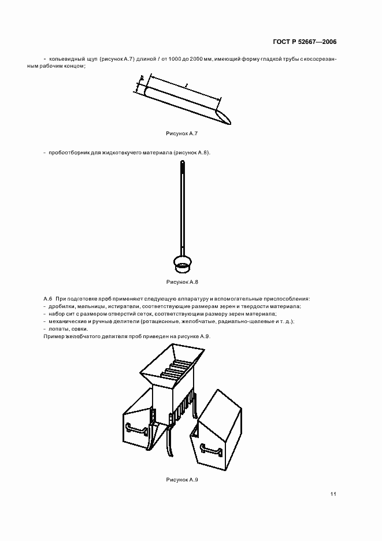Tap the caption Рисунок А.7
coord(182,134)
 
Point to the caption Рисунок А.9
coord(182,480)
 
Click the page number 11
coord(333,494)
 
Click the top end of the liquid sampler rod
coord(183,165)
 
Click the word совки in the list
coord(79,329)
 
